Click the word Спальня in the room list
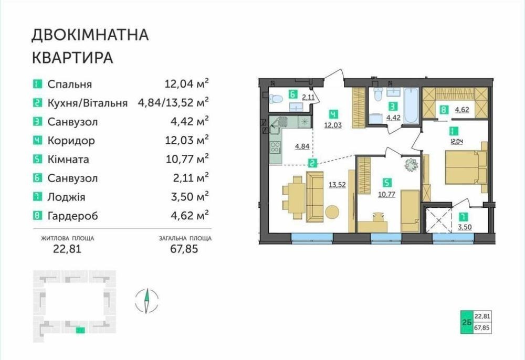pos(70,84)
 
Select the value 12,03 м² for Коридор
pos(187,140)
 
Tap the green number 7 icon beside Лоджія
pos(37,197)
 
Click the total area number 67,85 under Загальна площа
pos(184,249)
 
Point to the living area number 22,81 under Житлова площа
pos(67,249)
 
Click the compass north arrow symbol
pos(146,301)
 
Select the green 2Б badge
pos(467,322)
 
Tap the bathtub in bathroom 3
pos(411,105)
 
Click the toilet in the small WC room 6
pos(276,98)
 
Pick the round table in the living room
pos(332,211)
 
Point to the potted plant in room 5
pos(411,165)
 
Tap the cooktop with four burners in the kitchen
pos(276,147)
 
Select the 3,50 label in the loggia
pos(465,227)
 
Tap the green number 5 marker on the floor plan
pos(387,183)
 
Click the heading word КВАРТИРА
pos(72,58)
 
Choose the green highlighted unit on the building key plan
pos(80,331)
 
